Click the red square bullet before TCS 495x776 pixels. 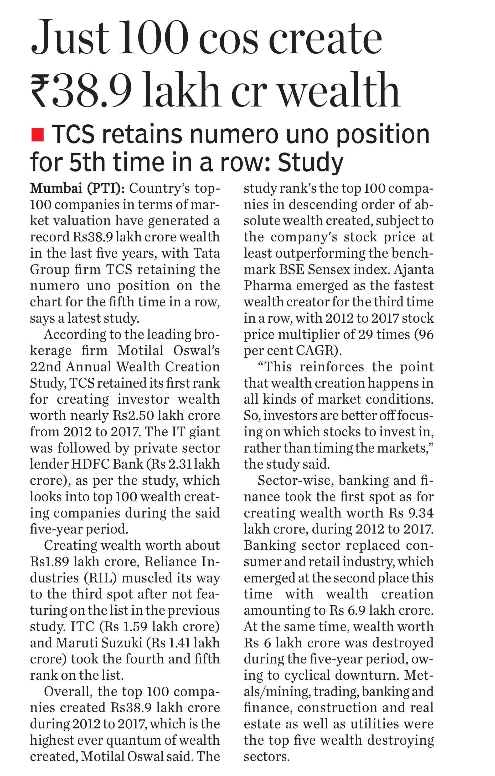pos(37,134)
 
